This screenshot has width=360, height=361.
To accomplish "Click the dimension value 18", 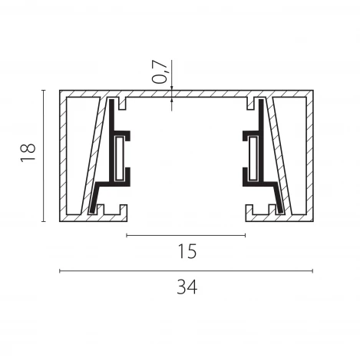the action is coord(28,152).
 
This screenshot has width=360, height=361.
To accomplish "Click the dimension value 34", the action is coord(187,287).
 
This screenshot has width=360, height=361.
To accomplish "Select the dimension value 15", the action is coord(187,251).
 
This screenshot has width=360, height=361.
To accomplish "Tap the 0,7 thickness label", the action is coord(160,72).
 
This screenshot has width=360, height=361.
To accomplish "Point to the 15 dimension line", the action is coord(186,235).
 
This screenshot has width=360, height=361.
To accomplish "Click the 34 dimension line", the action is coord(186,271).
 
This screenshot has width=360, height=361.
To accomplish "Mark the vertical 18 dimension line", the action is coord(44,156).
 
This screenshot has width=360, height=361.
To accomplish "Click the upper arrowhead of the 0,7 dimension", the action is coord(172,88).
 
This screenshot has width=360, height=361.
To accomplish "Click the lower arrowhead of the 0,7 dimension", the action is coord(172,100).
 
